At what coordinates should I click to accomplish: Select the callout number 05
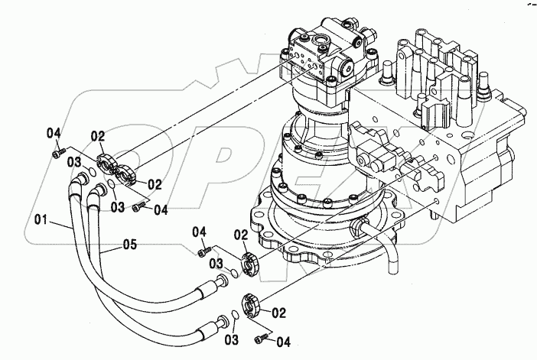click(129, 245)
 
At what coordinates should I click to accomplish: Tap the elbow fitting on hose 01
click(79, 180)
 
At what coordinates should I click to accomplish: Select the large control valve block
click(451, 130)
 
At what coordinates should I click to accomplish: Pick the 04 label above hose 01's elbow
click(54, 134)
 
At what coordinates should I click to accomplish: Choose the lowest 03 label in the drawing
click(233, 338)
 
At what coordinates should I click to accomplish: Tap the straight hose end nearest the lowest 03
click(208, 329)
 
